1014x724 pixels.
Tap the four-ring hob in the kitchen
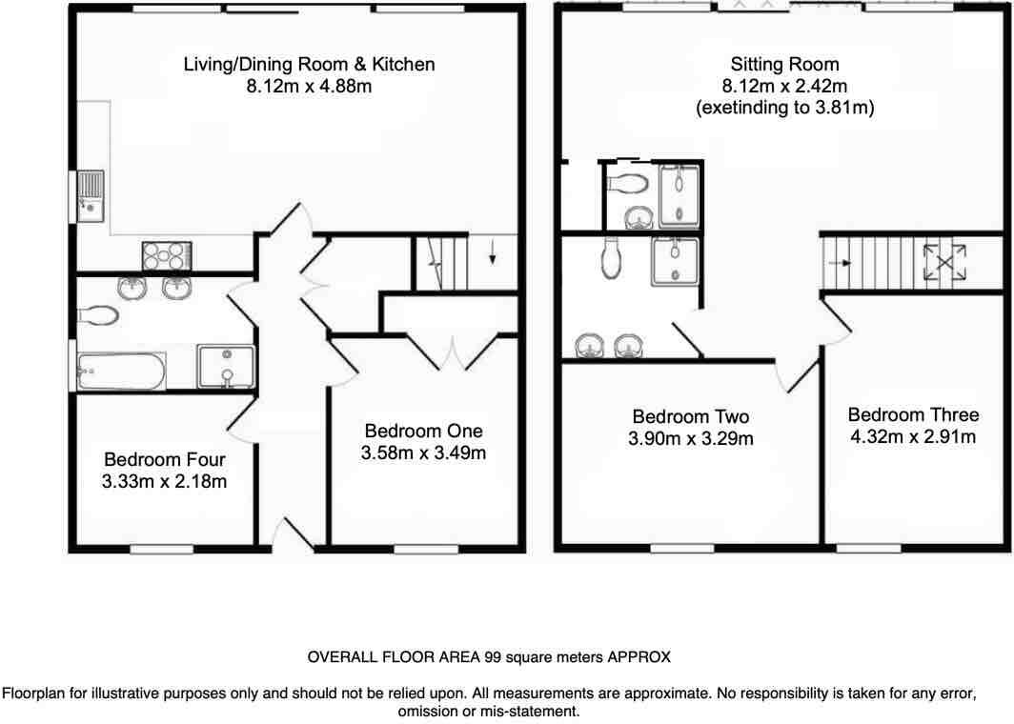pyautogui.click(x=166, y=256)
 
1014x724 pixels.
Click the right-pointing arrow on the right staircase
pyautogui.click(x=839, y=261)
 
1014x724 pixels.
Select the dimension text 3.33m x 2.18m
pyautogui.click(x=166, y=481)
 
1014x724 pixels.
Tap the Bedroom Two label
pyautogui.click(x=691, y=416)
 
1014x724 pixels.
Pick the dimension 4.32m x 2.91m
pyautogui.click(x=912, y=437)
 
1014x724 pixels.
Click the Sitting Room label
pyautogui.click(x=784, y=65)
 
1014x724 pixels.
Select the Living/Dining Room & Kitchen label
pyautogui.click(x=309, y=65)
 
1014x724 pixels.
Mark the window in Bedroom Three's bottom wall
pyautogui.click(x=869, y=549)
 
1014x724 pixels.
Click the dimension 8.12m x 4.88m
pyautogui.click(x=309, y=87)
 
